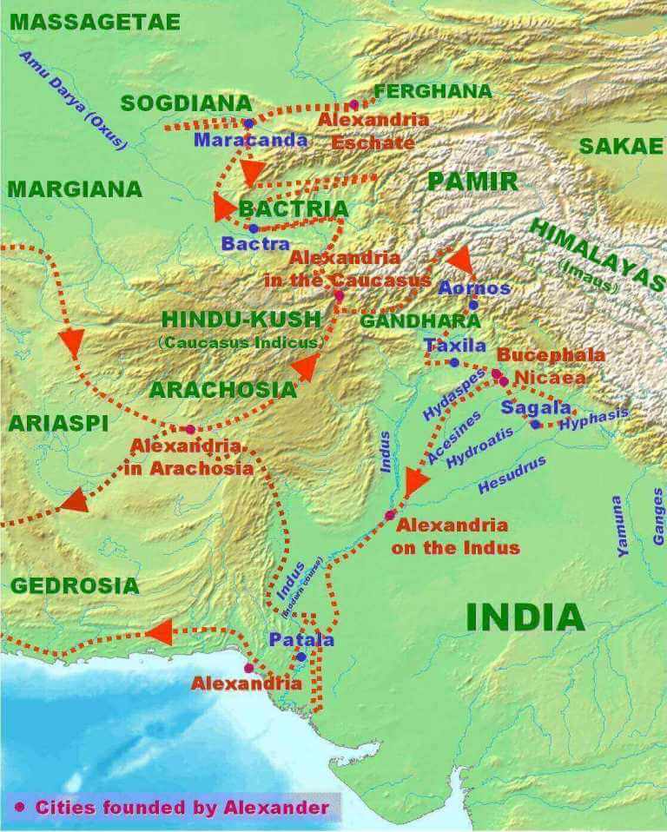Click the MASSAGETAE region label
(95, 22)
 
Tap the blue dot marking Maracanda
(248, 124)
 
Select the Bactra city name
(255, 244)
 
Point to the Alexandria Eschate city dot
(353, 104)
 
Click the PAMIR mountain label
(472, 182)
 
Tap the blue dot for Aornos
(473, 305)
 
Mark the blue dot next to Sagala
(536, 424)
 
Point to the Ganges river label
(658, 516)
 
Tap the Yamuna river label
(618, 525)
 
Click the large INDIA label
(525, 617)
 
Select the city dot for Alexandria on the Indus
(390, 515)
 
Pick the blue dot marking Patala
(300, 657)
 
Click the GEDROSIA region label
(75, 585)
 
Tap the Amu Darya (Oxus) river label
(73, 100)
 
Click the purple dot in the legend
(19, 807)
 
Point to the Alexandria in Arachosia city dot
(190, 429)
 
